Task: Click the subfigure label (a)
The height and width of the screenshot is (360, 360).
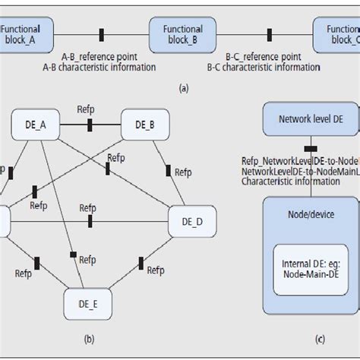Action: pos(183,88)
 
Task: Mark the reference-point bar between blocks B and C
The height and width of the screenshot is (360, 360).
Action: pos(268,34)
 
